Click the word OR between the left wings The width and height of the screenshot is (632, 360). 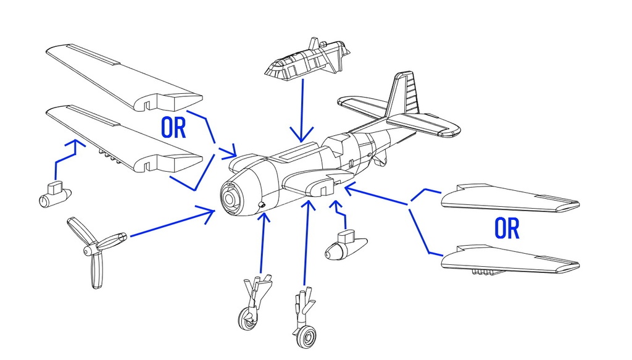(173, 127)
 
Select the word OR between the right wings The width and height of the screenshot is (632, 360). (507, 228)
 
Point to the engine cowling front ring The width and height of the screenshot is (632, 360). (231, 198)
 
